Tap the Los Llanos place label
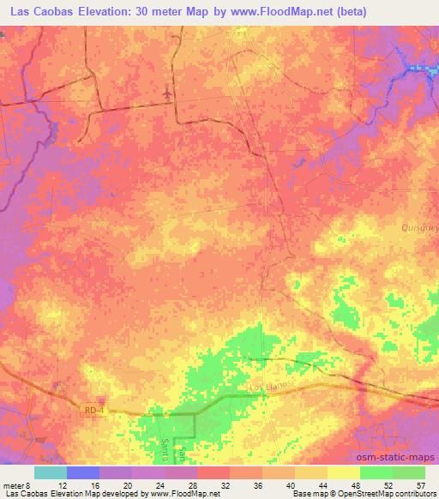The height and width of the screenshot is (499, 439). click(x=267, y=388)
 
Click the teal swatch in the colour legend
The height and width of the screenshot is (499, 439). click(x=51, y=472)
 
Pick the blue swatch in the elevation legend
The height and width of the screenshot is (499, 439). click(x=83, y=472)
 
